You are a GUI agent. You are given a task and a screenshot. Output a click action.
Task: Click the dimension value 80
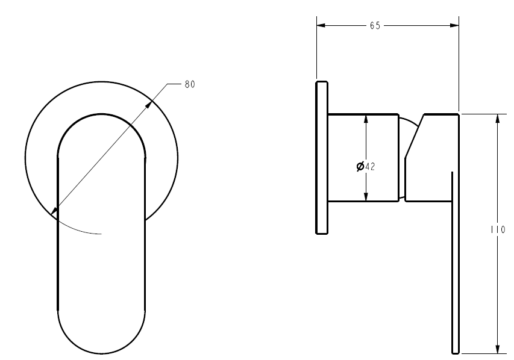pyautogui.click(x=189, y=84)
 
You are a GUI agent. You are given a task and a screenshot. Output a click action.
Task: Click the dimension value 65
pyautogui.click(x=375, y=25)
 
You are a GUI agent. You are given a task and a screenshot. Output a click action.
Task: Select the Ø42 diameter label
pyautogui.click(x=366, y=167)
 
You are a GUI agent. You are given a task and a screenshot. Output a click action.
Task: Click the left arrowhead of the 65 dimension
pyautogui.click(x=321, y=25)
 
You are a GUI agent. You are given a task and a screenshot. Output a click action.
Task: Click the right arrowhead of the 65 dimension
pyautogui.click(x=455, y=25)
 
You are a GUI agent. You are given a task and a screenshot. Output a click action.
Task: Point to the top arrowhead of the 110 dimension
pyautogui.click(x=497, y=118)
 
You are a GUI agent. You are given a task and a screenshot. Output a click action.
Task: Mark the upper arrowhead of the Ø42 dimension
pyautogui.click(x=366, y=118)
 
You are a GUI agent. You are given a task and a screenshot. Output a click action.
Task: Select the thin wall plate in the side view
pyautogui.click(x=321, y=157)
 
